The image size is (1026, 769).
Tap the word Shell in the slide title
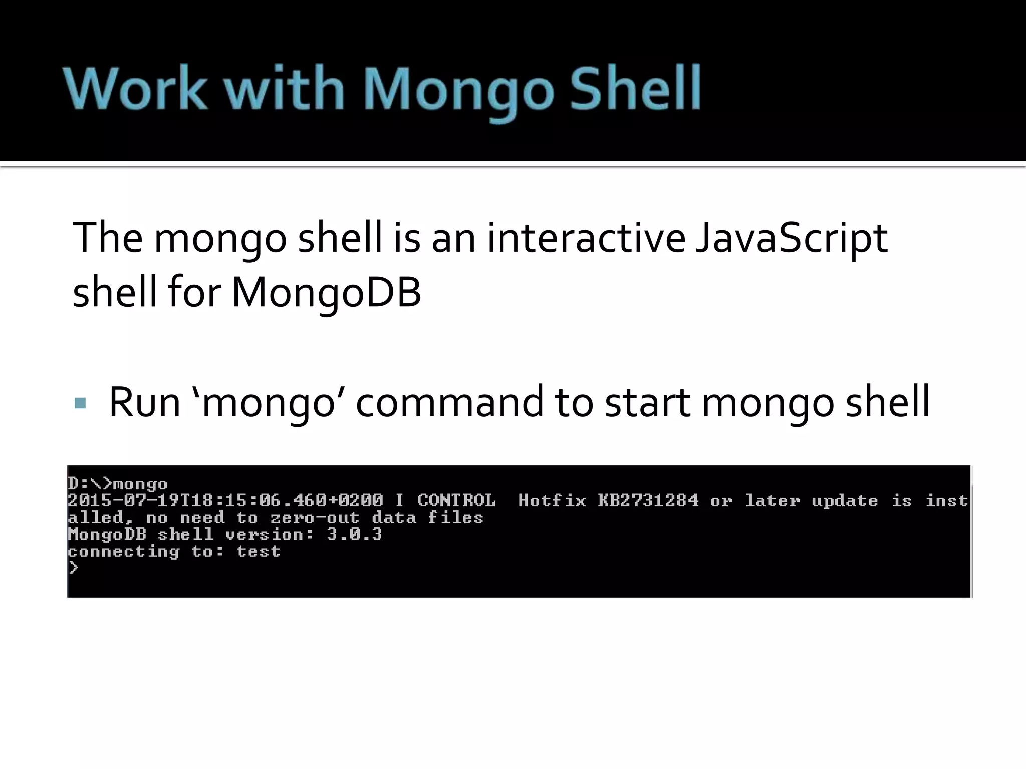pos(635,89)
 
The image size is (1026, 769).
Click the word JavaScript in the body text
pos(792,238)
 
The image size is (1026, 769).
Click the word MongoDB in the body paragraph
pos(326,292)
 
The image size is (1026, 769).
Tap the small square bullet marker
pos(80,403)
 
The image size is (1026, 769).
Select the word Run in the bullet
pos(144,402)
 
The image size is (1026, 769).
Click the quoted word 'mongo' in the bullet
pos(269,403)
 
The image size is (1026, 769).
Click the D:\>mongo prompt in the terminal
pos(118,484)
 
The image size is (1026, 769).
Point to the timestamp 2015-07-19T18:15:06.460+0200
pos(225,500)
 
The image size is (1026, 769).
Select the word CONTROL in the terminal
pos(456,500)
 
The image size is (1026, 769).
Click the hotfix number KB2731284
pos(648,500)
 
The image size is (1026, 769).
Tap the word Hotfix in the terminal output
pos(552,500)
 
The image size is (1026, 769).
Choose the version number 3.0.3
pos(354,534)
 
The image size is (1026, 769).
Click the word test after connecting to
pos(259,551)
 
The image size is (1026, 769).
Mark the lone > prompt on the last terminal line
pos(74,568)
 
